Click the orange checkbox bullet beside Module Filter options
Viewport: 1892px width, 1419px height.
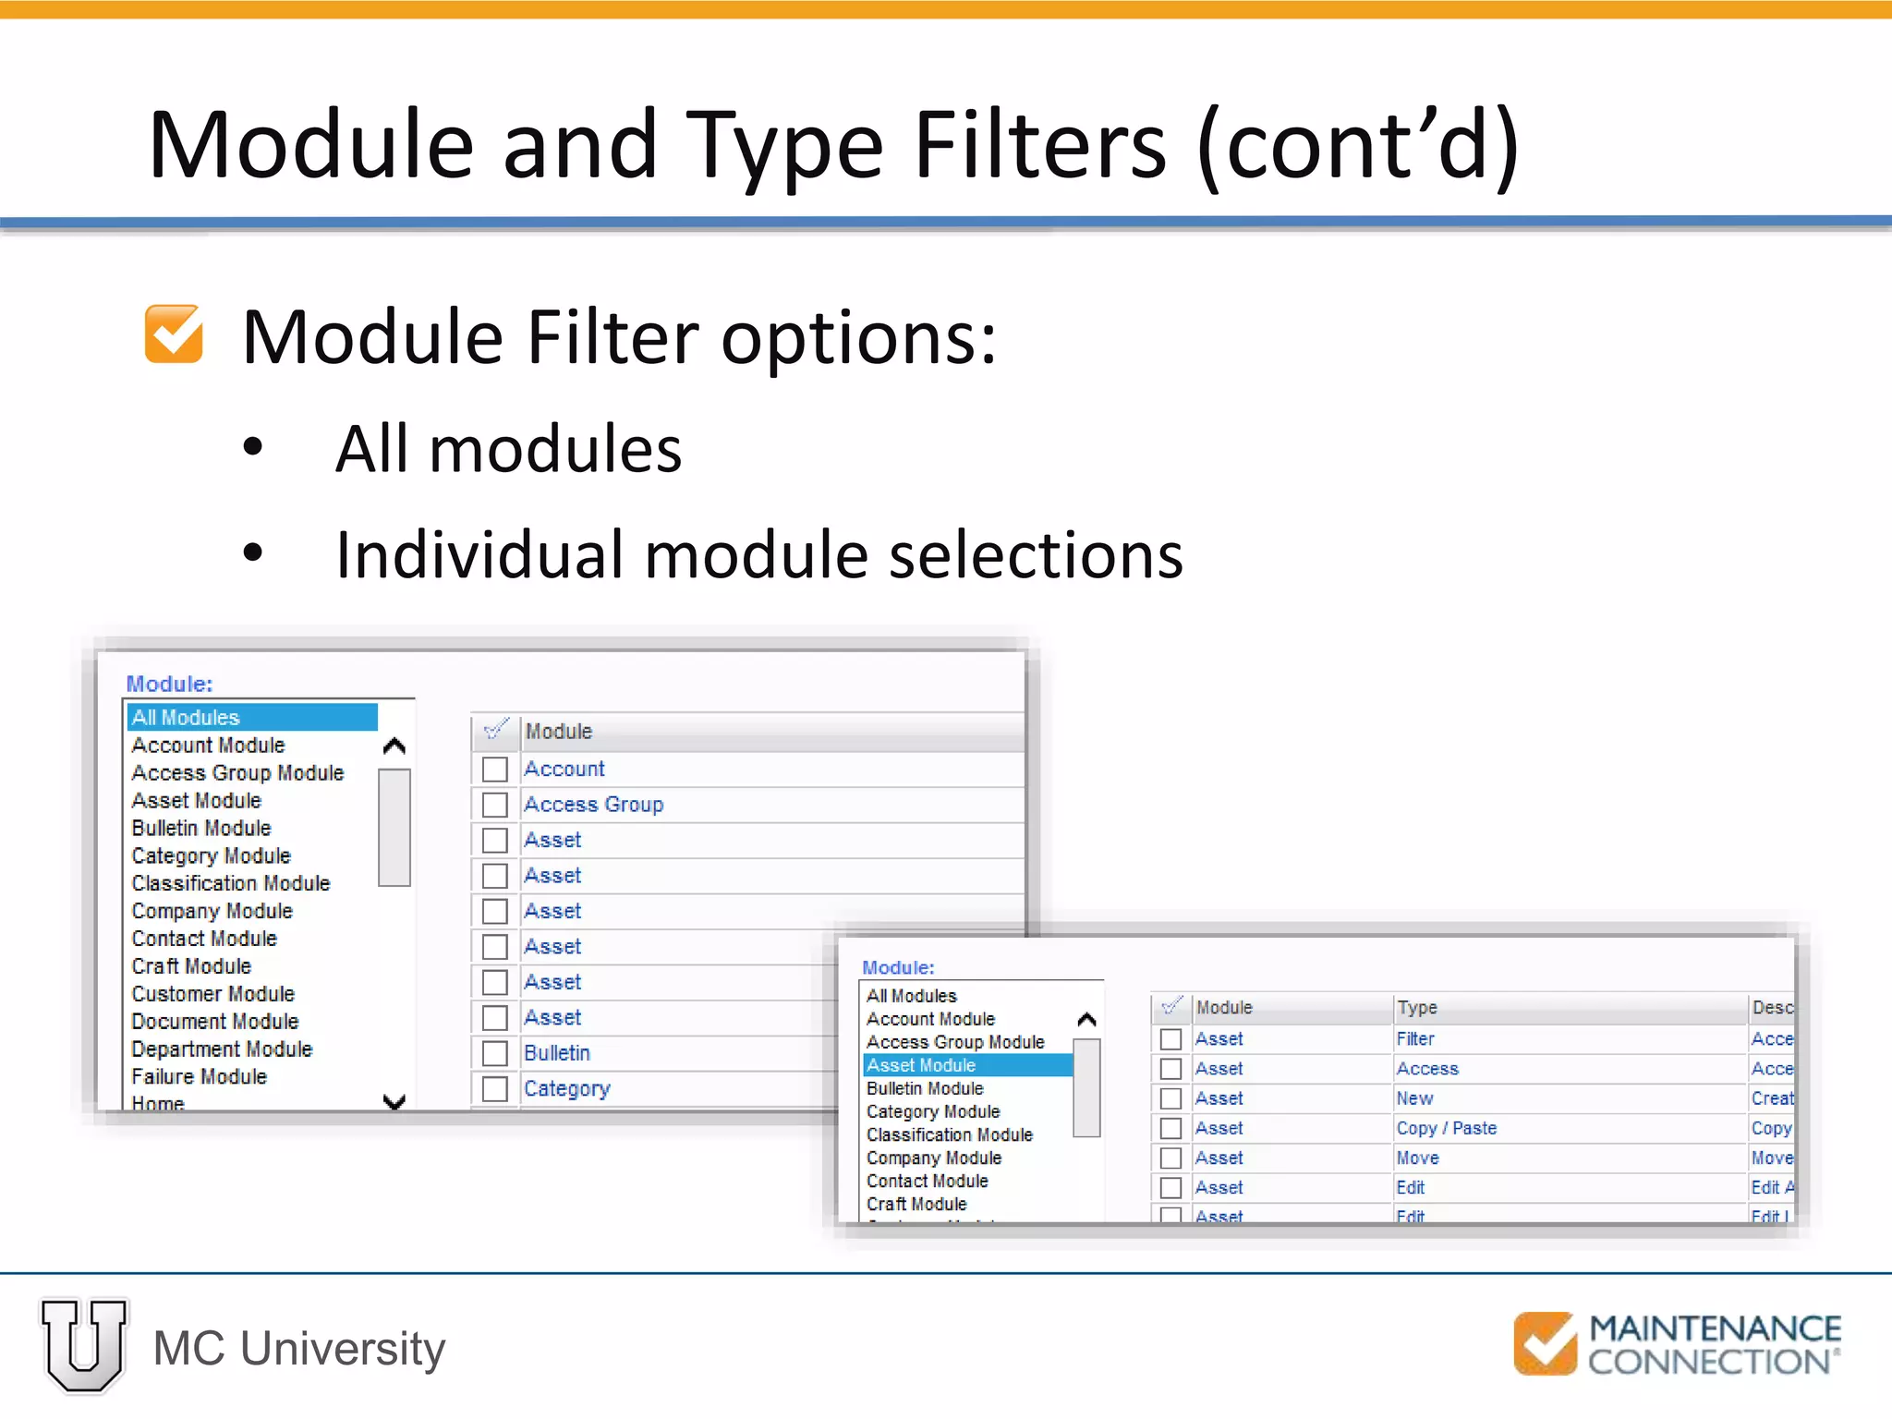pyautogui.click(x=174, y=334)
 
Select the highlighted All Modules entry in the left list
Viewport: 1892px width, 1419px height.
pyautogui.click(x=251, y=717)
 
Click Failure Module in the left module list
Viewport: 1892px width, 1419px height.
pyautogui.click(x=199, y=1076)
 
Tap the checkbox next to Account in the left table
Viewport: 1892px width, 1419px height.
pyautogui.click(x=495, y=769)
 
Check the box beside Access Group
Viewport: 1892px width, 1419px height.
pyautogui.click(x=495, y=805)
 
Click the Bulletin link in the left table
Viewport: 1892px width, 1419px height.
pyautogui.click(x=556, y=1052)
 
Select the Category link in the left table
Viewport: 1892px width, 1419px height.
pyautogui.click(x=566, y=1088)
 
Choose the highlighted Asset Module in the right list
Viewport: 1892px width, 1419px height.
pyautogui.click(x=966, y=1065)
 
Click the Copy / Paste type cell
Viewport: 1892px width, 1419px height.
pyautogui.click(x=1446, y=1128)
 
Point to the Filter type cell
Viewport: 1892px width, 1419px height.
pyautogui.click(x=1415, y=1038)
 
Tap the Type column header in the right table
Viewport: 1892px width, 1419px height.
pyautogui.click(x=1417, y=1007)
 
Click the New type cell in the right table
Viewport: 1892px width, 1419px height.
pyautogui.click(x=1414, y=1098)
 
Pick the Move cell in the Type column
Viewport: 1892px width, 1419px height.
pyautogui.click(x=1417, y=1158)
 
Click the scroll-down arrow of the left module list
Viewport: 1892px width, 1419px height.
pyautogui.click(x=394, y=1101)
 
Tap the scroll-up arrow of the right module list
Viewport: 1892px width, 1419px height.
pyautogui.click(x=1087, y=1020)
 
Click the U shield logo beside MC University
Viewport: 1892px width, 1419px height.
pyautogui.click(x=84, y=1345)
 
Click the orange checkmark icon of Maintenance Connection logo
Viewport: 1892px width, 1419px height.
pyautogui.click(x=1545, y=1342)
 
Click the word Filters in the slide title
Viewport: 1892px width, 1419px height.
pyautogui.click(x=1039, y=145)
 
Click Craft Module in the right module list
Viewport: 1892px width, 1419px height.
pyautogui.click(x=916, y=1204)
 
